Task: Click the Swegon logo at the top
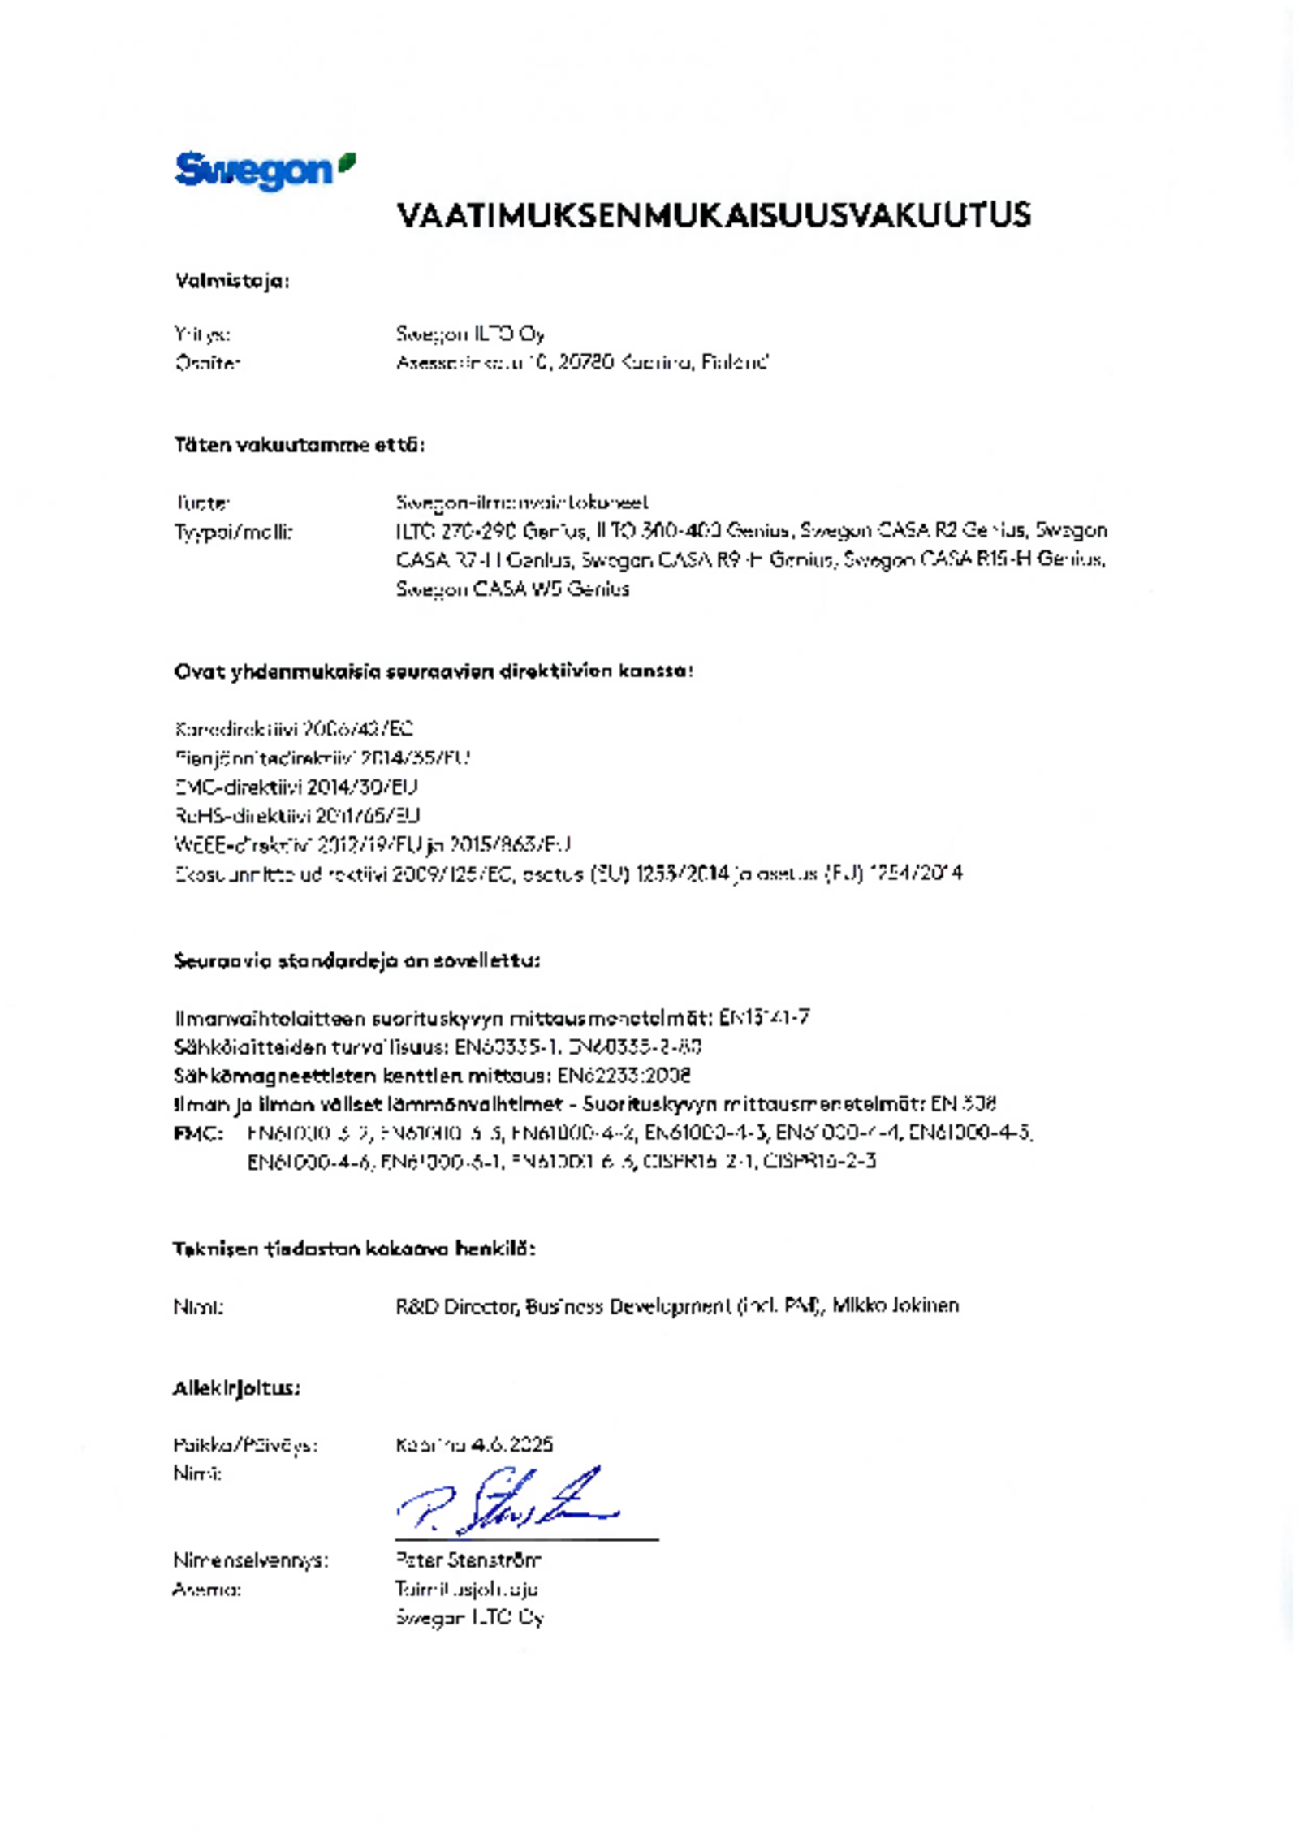click(264, 170)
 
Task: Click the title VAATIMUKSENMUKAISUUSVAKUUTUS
click(714, 216)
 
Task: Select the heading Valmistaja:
click(232, 282)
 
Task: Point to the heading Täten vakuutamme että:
click(300, 445)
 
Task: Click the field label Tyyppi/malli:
click(233, 533)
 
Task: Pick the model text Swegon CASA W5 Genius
click(512, 589)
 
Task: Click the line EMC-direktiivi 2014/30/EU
click(296, 787)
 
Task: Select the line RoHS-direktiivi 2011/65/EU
click(297, 815)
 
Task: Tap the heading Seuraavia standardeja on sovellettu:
click(356, 961)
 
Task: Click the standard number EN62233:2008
click(624, 1076)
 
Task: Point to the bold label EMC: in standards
click(198, 1133)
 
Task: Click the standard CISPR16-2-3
click(819, 1161)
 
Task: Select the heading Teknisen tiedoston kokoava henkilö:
click(354, 1249)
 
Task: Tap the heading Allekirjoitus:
click(236, 1388)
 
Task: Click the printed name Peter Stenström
click(468, 1560)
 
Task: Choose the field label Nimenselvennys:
click(250, 1560)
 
